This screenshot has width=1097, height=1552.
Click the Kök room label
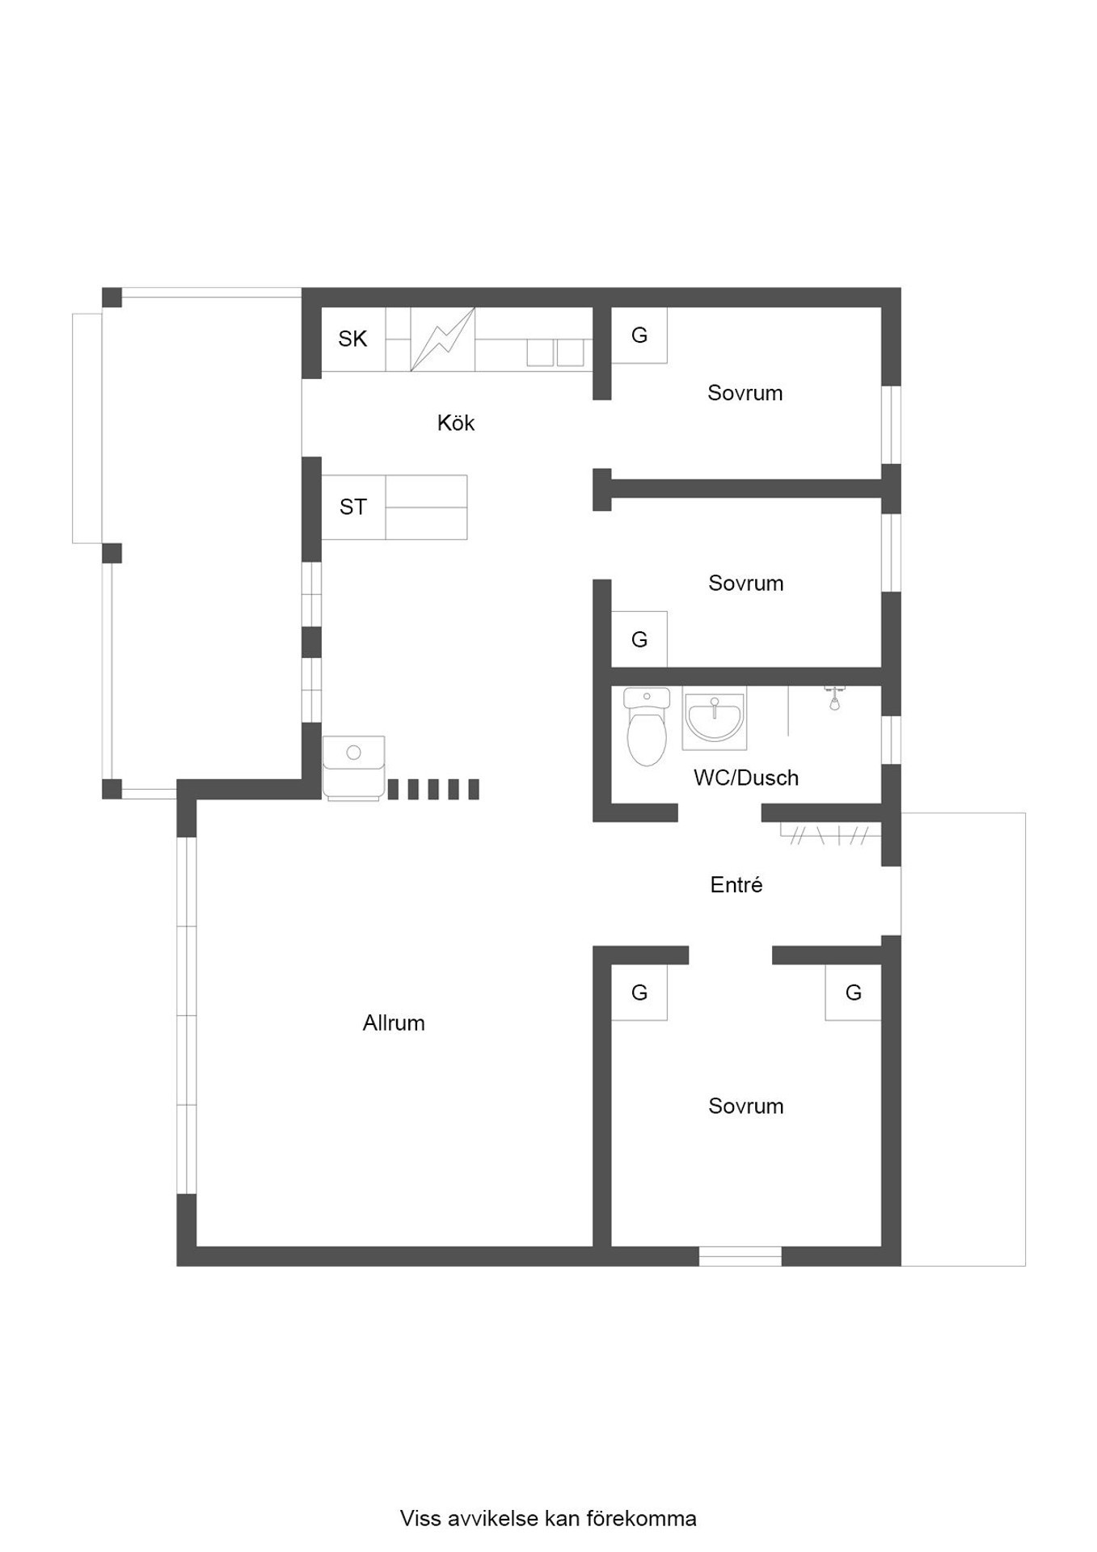pyautogui.click(x=456, y=423)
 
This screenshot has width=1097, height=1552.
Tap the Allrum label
pyautogui.click(x=394, y=1023)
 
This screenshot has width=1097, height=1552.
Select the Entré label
pyautogui.click(x=736, y=884)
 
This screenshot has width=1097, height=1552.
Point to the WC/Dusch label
pyautogui.click(x=746, y=778)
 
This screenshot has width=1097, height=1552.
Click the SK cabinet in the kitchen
pyautogui.click(x=353, y=339)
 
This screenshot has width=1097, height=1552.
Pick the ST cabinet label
pyautogui.click(x=352, y=507)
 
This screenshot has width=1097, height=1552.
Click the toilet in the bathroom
pyautogui.click(x=647, y=726)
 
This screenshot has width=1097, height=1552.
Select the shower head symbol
pyautogui.click(x=834, y=698)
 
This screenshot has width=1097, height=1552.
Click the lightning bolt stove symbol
pyautogui.click(x=442, y=339)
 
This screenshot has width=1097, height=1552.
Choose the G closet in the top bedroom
pyautogui.click(x=639, y=335)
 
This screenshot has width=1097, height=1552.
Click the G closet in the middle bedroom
pyautogui.click(x=639, y=639)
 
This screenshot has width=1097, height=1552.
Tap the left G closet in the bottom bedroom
pyautogui.click(x=639, y=993)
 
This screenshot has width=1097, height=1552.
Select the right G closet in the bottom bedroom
pyautogui.click(x=853, y=993)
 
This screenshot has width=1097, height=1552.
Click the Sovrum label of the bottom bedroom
pyautogui.click(x=746, y=1106)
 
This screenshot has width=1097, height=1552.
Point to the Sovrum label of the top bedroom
pyautogui.click(x=745, y=393)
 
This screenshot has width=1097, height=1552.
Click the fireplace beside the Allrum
pyautogui.click(x=354, y=768)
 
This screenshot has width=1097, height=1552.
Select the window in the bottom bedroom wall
pyautogui.click(x=740, y=1256)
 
